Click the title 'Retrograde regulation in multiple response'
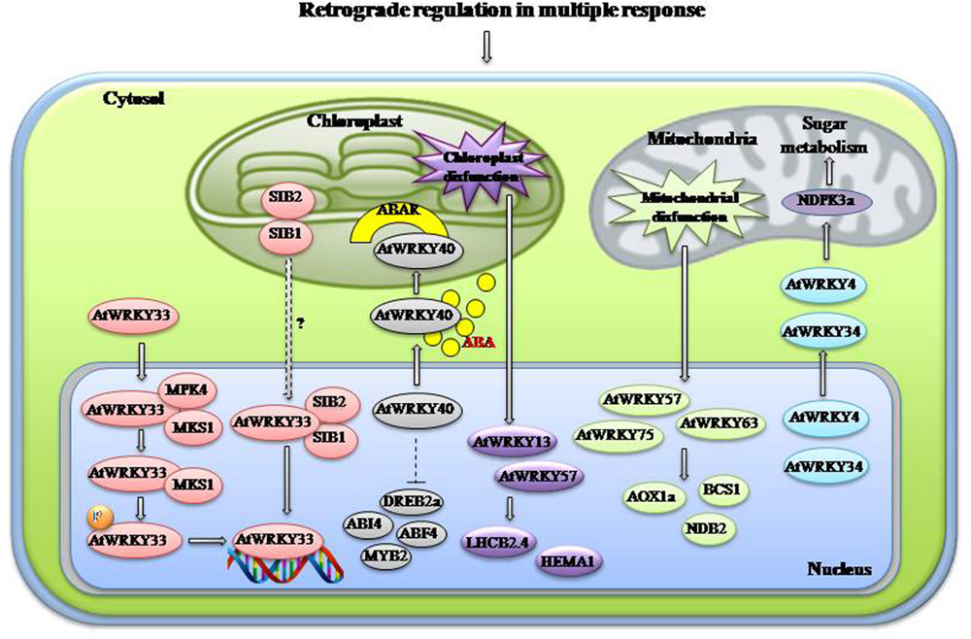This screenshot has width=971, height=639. click(485, 12)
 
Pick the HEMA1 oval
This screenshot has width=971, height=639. click(570, 560)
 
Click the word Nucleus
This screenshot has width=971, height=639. click(838, 568)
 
